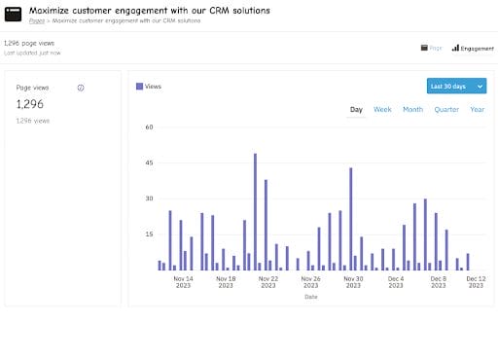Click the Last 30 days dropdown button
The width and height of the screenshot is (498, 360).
[455, 87]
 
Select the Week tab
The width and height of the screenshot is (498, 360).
[382, 110]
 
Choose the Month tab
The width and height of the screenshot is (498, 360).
[412, 110]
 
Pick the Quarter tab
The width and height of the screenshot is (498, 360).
[446, 110]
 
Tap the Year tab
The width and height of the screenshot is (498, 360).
[477, 110]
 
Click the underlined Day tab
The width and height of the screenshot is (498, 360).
[356, 110]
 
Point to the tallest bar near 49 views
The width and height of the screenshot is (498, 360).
[255, 210]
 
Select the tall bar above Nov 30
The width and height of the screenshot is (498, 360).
[350, 218]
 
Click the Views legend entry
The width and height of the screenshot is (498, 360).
[149, 87]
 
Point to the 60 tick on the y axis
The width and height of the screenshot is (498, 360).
[149, 126]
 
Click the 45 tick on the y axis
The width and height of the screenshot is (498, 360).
[149, 162]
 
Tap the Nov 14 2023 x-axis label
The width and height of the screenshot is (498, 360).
[183, 282]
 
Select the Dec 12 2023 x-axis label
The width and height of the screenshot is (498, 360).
[477, 282]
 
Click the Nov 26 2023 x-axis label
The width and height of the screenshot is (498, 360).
[310, 282]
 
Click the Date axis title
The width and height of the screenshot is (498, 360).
[310, 297]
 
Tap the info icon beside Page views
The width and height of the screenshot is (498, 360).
[81, 88]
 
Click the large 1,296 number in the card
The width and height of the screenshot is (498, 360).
[30, 103]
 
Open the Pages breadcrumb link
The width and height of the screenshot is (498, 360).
[36, 19]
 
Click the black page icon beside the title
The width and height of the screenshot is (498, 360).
[14, 14]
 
